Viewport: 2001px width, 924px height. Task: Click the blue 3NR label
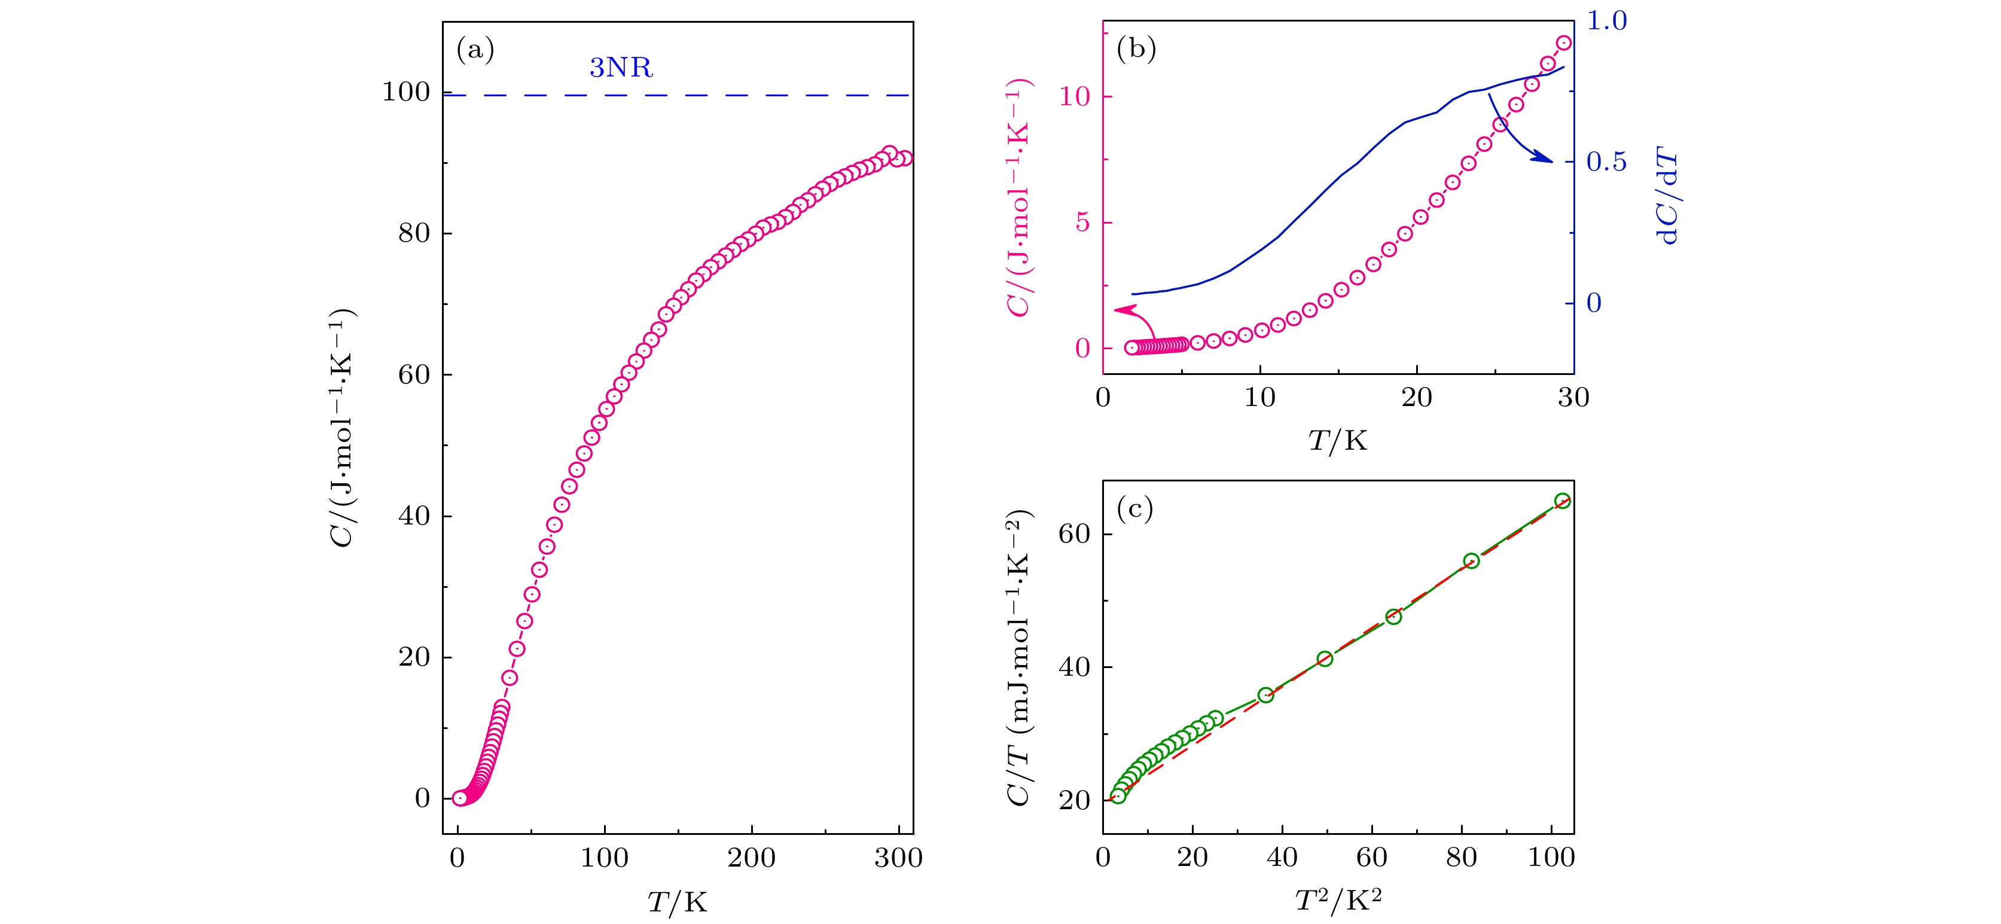[x=621, y=68]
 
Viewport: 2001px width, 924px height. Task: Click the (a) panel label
[x=475, y=50]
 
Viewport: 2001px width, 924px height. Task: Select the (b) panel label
[x=1136, y=49]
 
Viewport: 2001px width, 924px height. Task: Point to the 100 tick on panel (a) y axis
[x=405, y=93]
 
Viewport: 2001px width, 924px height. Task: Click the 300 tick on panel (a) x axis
[x=898, y=858]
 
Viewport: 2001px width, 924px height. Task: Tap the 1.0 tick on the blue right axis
[x=1606, y=21]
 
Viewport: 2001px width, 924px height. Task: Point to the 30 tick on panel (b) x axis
[x=1573, y=398]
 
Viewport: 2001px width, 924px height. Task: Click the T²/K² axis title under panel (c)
[x=1338, y=901]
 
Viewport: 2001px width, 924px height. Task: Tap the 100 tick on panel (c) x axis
[x=1551, y=858]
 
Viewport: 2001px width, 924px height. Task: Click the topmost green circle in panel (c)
[x=1562, y=501]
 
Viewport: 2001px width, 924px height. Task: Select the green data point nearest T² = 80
[x=1471, y=561]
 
